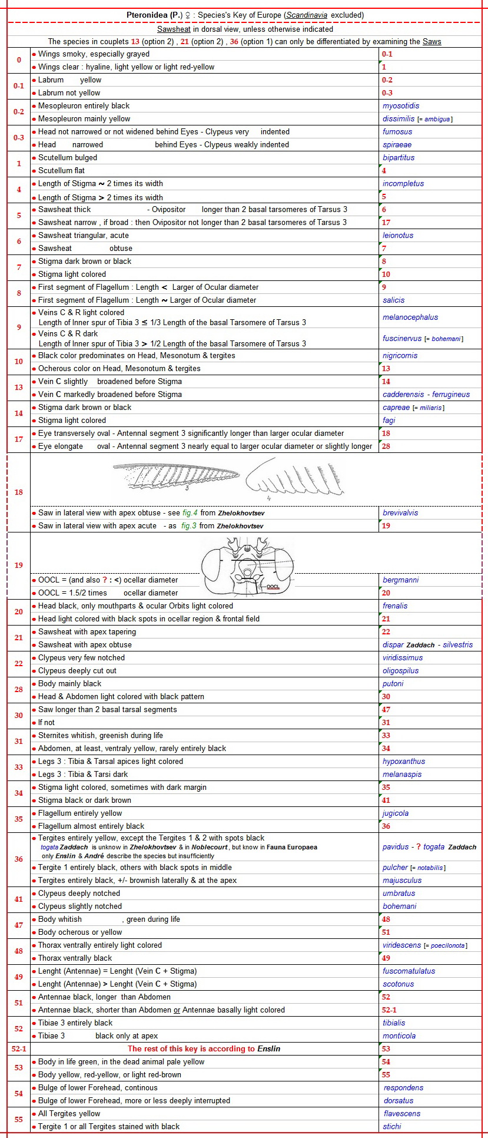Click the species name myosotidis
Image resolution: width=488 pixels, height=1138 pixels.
(401, 106)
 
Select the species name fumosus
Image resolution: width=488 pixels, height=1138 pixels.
(397, 132)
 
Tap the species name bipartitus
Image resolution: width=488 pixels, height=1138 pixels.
(399, 158)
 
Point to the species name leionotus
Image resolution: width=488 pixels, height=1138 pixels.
(398, 236)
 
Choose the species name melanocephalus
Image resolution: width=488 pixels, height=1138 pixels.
(410, 317)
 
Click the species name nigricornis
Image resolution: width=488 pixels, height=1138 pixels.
(400, 356)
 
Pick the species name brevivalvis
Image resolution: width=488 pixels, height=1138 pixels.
(400, 513)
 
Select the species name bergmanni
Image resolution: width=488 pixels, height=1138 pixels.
(400, 580)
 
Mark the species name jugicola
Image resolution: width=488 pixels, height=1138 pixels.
(396, 813)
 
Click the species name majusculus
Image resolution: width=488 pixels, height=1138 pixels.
(401, 881)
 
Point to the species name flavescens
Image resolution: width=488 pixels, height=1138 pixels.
(402, 1114)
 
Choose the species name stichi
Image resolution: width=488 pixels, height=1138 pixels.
(392, 1127)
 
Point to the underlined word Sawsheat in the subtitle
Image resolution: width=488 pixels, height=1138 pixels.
(174, 29)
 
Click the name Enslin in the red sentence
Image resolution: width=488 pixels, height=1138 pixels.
(269, 1049)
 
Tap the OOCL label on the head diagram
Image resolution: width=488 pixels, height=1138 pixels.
(273, 587)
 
